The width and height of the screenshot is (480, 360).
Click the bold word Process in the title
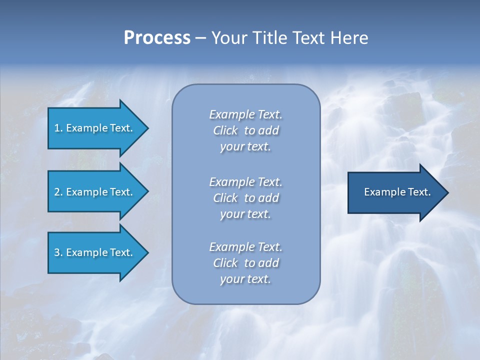click(x=157, y=38)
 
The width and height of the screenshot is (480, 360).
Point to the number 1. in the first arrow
click(x=58, y=128)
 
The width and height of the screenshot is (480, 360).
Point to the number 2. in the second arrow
click(x=58, y=192)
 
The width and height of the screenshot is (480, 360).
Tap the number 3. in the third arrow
click(x=58, y=252)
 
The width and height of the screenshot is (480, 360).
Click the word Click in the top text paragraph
click(x=225, y=131)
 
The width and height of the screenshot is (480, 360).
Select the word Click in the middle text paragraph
click(x=225, y=198)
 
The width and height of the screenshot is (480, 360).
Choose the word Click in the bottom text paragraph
click(x=225, y=263)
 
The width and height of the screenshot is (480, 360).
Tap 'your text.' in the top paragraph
click(x=245, y=147)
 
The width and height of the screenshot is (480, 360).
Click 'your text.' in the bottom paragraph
click(x=245, y=279)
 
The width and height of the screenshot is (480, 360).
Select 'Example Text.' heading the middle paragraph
click(x=245, y=181)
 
